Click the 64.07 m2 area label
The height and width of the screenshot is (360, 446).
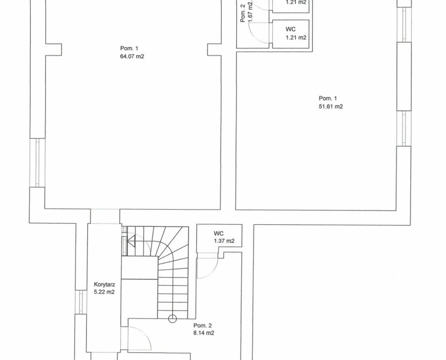[x=132, y=56]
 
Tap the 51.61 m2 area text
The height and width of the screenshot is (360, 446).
[x=331, y=107]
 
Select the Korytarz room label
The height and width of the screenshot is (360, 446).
[x=105, y=284]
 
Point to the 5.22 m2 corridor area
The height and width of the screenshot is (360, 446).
[x=104, y=292]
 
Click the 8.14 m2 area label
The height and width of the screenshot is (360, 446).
[x=204, y=333]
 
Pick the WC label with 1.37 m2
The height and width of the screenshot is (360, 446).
[x=219, y=233]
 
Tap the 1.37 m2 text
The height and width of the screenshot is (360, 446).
[x=224, y=241]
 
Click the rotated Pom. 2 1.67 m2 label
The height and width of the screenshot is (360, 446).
[x=246, y=12]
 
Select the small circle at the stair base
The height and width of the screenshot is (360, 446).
[x=173, y=319]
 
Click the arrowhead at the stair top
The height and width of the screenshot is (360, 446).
[x=131, y=241]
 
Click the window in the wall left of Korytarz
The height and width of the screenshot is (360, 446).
[x=81, y=302]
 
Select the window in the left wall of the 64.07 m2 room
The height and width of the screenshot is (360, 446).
[x=37, y=163]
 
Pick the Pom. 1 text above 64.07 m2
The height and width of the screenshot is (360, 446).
[x=129, y=49]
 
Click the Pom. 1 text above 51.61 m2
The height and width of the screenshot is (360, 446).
[x=328, y=99]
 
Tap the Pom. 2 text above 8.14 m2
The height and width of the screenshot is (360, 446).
[x=203, y=326]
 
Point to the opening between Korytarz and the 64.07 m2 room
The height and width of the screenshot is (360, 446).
[x=105, y=217]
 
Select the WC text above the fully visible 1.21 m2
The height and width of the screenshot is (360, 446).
[x=290, y=29]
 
